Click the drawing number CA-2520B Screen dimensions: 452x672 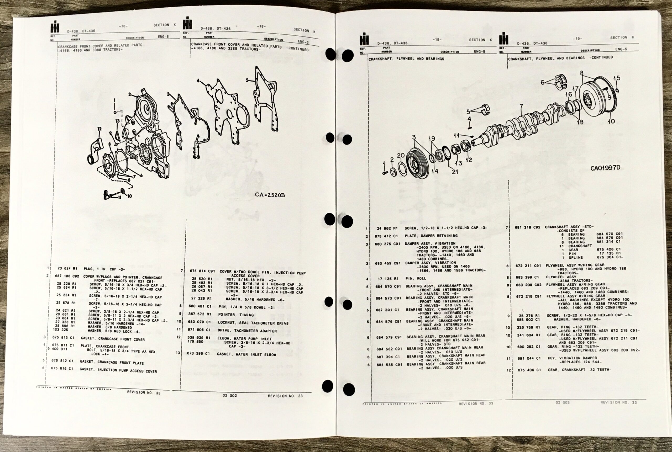click(270, 195)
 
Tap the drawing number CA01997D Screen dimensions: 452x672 click(605, 168)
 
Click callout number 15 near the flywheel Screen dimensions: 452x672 click(617, 78)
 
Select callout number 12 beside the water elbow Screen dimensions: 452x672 click(99, 129)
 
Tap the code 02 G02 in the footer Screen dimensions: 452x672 click(230, 396)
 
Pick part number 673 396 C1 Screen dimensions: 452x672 click(199, 353)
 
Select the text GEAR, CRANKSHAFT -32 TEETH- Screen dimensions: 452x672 click(579, 370)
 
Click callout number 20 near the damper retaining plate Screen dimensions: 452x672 click(401, 156)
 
